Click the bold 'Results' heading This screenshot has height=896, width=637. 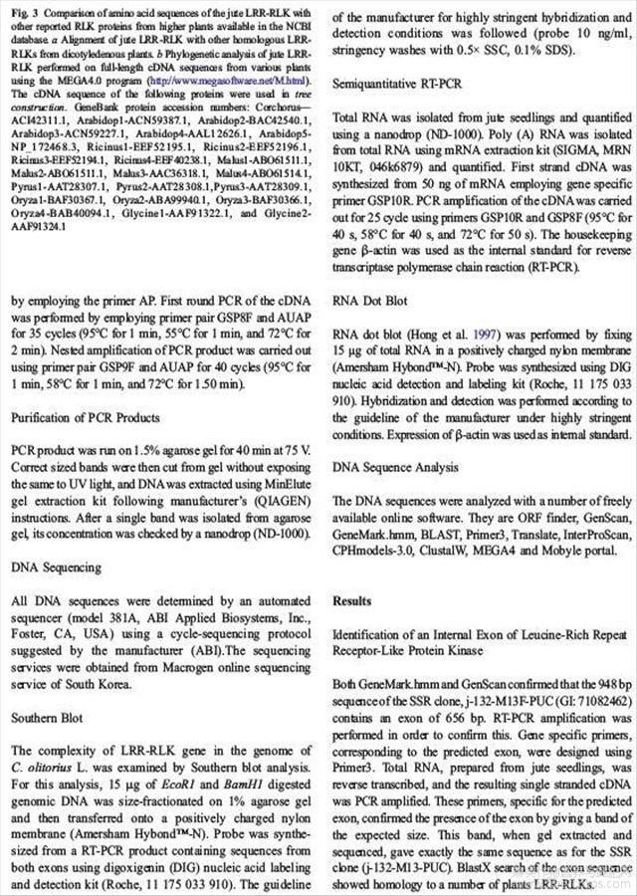coord(352,601)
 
